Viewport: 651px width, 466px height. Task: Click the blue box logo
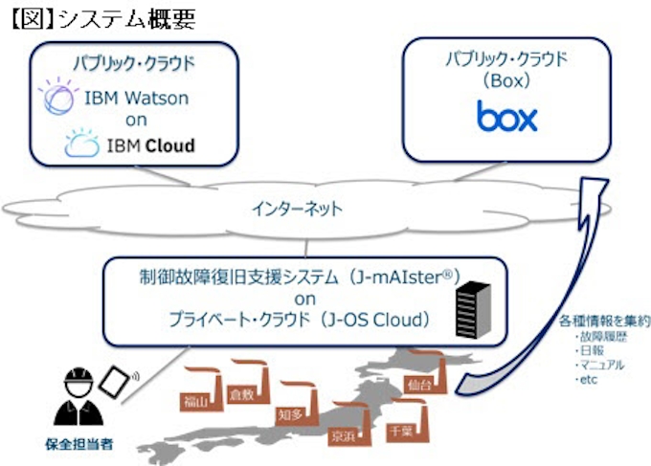506,118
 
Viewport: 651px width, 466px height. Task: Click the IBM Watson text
137,98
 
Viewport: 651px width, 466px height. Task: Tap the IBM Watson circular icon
56,98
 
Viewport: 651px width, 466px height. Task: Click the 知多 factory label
289,414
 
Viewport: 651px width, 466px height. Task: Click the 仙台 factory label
419,384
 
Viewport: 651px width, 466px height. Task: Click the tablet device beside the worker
117,381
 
